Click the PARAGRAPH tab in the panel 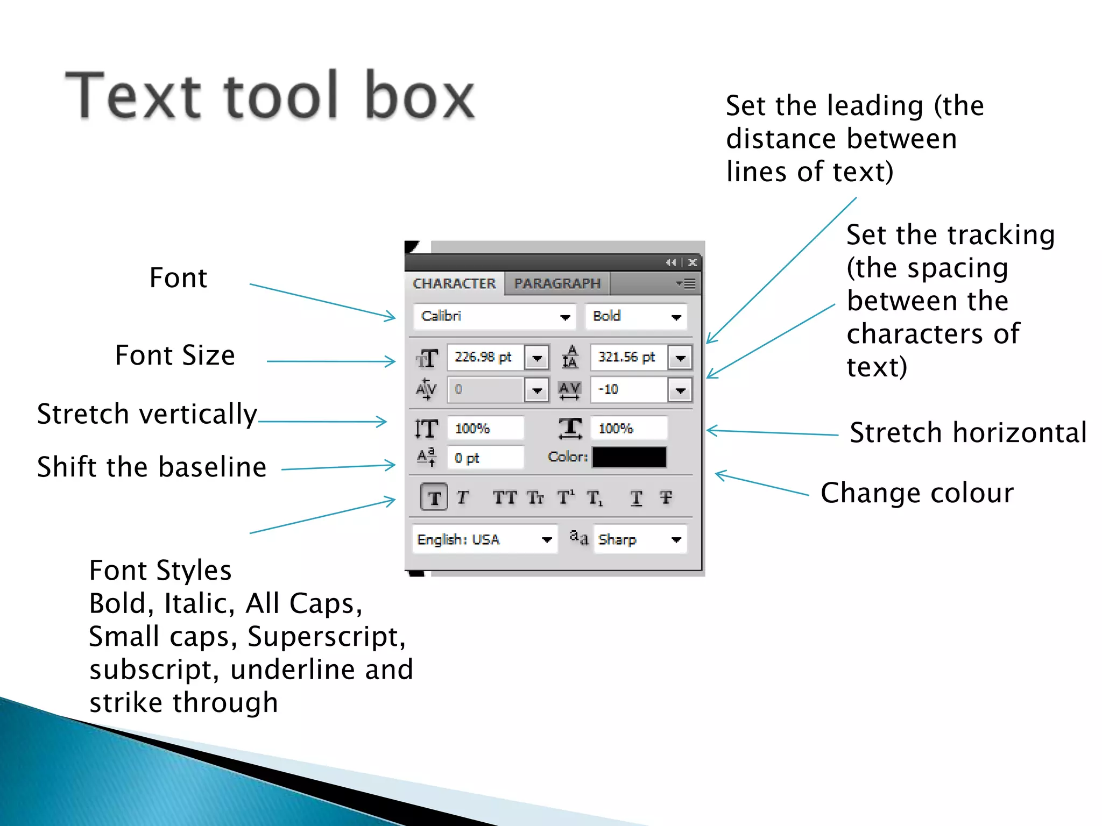(x=557, y=283)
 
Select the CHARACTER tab (x=454, y=283)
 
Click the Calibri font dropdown (x=494, y=316)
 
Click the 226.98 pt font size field (x=484, y=357)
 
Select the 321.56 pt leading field (x=628, y=357)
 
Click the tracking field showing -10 (x=628, y=389)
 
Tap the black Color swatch (x=629, y=457)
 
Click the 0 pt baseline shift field (x=485, y=458)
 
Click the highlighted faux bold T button (x=434, y=497)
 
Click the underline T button (x=636, y=498)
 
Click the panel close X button (x=693, y=262)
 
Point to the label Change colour (x=917, y=493)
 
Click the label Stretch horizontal (x=968, y=432)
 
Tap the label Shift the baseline (x=152, y=466)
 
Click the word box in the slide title (x=420, y=95)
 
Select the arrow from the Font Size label (x=331, y=361)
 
